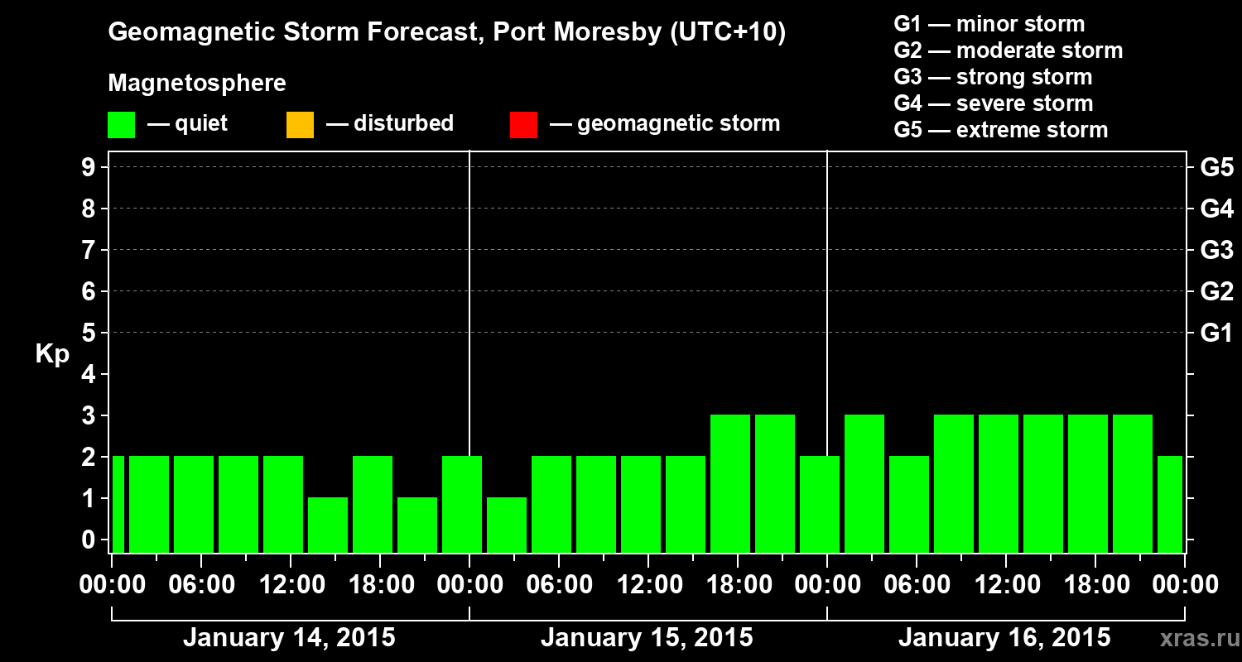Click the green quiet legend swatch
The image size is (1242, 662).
(121, 124)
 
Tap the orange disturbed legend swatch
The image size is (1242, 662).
(300, 124)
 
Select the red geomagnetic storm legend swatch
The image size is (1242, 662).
(523, 124)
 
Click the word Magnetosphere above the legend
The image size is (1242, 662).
(197, 84)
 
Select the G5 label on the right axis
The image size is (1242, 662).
(1216, 167)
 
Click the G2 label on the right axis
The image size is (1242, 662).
(1216, 291)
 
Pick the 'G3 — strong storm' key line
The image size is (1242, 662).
(993, 77)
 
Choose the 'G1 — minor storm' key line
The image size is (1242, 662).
(989, 24)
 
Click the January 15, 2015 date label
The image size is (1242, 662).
(647, 638)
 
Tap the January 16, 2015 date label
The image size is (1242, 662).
(1004, 638)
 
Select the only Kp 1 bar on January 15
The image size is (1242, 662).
(507, 525)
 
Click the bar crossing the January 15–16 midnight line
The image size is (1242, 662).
(820, 504)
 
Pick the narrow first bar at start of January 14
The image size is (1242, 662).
(118, 504)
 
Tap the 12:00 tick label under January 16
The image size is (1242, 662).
(1004, 585)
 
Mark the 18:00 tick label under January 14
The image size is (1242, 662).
(378, 585)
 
